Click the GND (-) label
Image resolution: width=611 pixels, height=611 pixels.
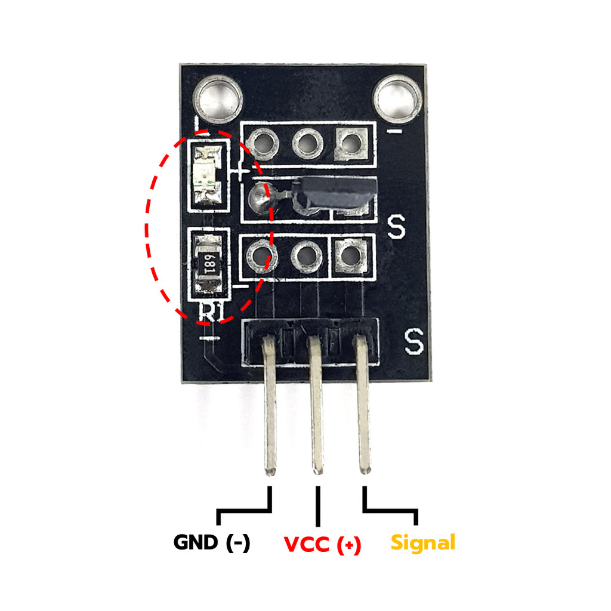click(x=212, y=542)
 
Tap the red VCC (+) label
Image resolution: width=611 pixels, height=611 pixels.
click(x=322, y=544)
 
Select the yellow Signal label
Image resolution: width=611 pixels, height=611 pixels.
click(x=423, y=543)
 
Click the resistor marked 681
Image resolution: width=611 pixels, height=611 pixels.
click(x=208, y=264)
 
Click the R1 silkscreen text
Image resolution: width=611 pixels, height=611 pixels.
click(x=212, y=312)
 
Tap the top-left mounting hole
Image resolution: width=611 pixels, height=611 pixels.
click(x=218, y=98)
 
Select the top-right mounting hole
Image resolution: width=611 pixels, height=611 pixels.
click(x=397, y=98)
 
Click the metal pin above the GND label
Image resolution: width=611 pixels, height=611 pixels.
click(x=270, y=405)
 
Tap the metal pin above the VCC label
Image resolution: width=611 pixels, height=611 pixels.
click(x=316, y=405)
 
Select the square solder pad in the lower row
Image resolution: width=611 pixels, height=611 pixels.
click(x=351, y=256)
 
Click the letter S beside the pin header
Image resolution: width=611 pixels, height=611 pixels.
click(x=414, y=341)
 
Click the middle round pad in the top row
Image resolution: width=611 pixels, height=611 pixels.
click(x=307, y=144)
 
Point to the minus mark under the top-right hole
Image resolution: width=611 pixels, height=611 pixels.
click(x=394, y=132)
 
